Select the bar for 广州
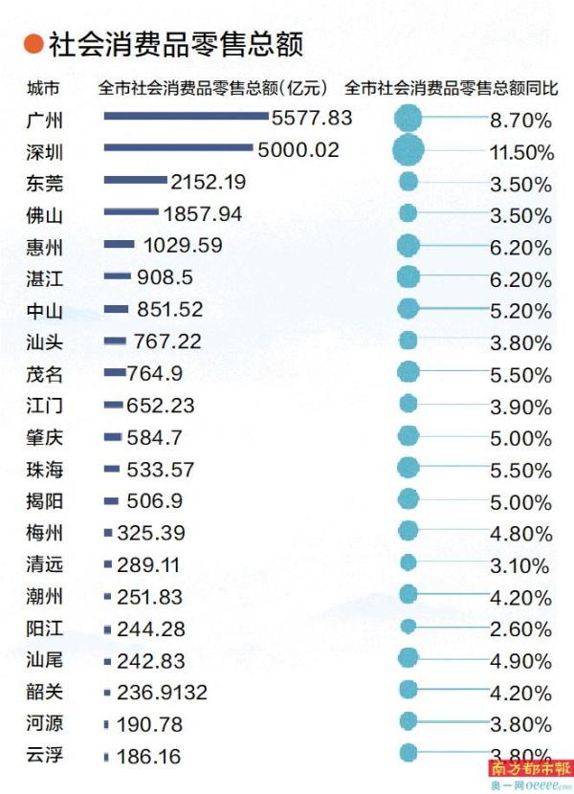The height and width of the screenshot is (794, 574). [x=186, y=117]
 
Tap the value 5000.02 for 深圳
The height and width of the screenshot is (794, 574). [x=298, y=149]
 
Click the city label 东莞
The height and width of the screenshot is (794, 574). [x=45, y=182]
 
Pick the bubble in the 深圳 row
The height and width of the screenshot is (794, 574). [x=408, y=150]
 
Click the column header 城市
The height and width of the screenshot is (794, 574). [x=44, y=88]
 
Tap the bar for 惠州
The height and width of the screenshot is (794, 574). [x=119, y=245]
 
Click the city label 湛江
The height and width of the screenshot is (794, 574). [x=45, y=278]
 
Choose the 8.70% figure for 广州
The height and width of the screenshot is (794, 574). [x=520, y=120]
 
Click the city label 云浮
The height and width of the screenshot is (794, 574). [x=45, y=756]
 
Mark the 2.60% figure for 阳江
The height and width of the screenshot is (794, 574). [x=520, y=629]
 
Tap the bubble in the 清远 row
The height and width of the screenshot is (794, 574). [x=408, y=563]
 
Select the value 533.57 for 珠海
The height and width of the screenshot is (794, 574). [x=161, y=469]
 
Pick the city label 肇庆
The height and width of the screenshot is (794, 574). [x=45, y=437]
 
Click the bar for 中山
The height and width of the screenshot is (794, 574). [x=116, y=309]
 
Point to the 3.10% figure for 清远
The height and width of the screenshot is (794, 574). [x=520, y=564]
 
